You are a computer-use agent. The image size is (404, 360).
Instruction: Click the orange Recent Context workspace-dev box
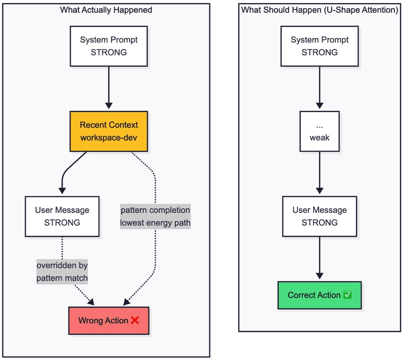point(109,131)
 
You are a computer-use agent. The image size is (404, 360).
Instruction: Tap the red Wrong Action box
point(109,321)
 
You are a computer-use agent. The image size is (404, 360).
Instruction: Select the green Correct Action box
point(320,295)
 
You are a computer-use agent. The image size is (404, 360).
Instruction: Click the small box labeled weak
point(320,131)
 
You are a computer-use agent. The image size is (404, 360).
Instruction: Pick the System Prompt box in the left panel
point(109,46)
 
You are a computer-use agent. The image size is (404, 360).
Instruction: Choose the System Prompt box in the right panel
point(320,46)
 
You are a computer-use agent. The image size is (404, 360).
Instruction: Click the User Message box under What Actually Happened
point(62,216)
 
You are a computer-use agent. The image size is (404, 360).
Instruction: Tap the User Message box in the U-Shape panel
point(320,216)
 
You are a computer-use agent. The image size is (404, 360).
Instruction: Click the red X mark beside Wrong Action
point(135,320)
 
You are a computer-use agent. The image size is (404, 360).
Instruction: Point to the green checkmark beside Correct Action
point(347,294)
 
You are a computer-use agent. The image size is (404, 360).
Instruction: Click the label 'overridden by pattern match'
point(62,272)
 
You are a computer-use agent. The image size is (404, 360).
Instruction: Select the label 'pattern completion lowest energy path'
point(156,216)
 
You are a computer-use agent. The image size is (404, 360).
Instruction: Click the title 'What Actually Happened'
point(106,10)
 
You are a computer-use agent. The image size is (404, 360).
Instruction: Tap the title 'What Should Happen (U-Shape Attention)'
point(320,10)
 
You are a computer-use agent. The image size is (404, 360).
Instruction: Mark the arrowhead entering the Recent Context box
point(109,106)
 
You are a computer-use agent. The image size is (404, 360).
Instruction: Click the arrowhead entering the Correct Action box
point(320,276)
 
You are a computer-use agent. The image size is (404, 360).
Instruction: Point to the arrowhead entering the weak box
point(320,106)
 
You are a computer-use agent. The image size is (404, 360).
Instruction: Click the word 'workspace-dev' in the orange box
point(109,138)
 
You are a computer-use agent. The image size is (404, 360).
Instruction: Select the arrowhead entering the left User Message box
point(62,191)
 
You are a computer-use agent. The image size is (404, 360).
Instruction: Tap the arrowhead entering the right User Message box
point(320,191)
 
